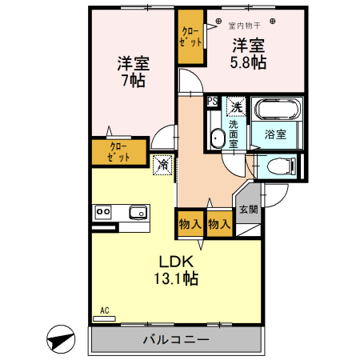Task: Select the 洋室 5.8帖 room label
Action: click(x=250, y=53)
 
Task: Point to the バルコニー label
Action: click(x=176, y=339)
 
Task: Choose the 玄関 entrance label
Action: click(x=247, y=210)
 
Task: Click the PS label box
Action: click(x=212, y=102)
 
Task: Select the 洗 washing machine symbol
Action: click(x=236, y=106)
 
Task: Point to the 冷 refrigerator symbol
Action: click(x=162, y=165)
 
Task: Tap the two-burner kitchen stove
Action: click(x=104, y=212)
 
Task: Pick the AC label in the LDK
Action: click(x=104, y=310)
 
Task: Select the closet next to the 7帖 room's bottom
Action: click(x=118, y=152)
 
